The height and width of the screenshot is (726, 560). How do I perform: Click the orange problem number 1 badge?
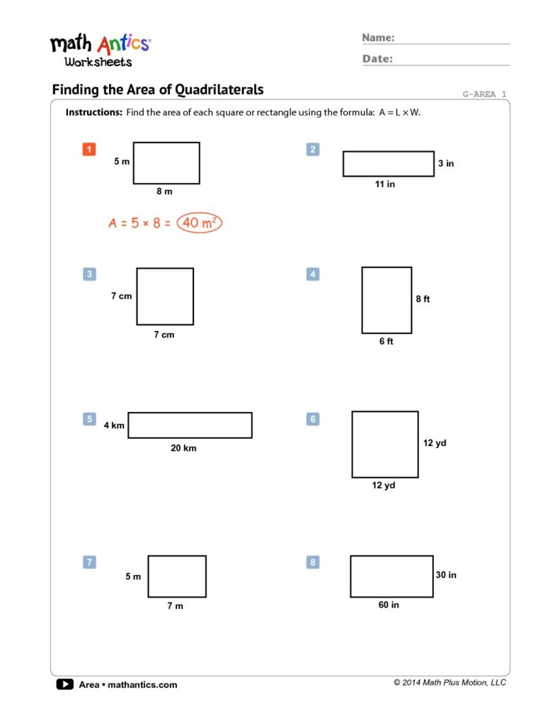coord(89,149)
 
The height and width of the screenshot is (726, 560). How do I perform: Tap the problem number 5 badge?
coord(89,419)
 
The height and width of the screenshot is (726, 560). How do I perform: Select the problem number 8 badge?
coord(313,562)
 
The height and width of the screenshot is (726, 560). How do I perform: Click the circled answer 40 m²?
coord(199,223)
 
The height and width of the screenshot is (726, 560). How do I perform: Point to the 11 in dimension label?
coord(385,184)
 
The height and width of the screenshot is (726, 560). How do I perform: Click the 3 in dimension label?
coord(446,164)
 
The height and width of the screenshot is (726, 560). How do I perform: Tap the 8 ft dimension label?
coord(423,299)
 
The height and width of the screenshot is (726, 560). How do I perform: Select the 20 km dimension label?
coord(184,448)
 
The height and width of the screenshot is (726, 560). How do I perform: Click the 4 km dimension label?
coord(114,425)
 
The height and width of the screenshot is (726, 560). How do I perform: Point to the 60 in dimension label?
coord(389,605)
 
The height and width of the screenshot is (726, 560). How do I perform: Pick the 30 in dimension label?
coord(446,575)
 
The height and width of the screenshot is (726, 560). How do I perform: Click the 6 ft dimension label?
coord(386,342)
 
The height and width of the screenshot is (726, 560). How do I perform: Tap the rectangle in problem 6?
coord(384,444)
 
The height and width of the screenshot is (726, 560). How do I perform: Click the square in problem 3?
coord(165,296)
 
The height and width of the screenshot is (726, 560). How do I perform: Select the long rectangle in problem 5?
coord(190,425)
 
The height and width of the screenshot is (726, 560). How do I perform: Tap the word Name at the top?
coord(378,38)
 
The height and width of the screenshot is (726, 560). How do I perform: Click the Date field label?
coord(377,59)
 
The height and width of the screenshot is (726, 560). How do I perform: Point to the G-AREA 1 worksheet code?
coord(484,94)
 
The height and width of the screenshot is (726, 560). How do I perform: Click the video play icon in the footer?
coord(64,684)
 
